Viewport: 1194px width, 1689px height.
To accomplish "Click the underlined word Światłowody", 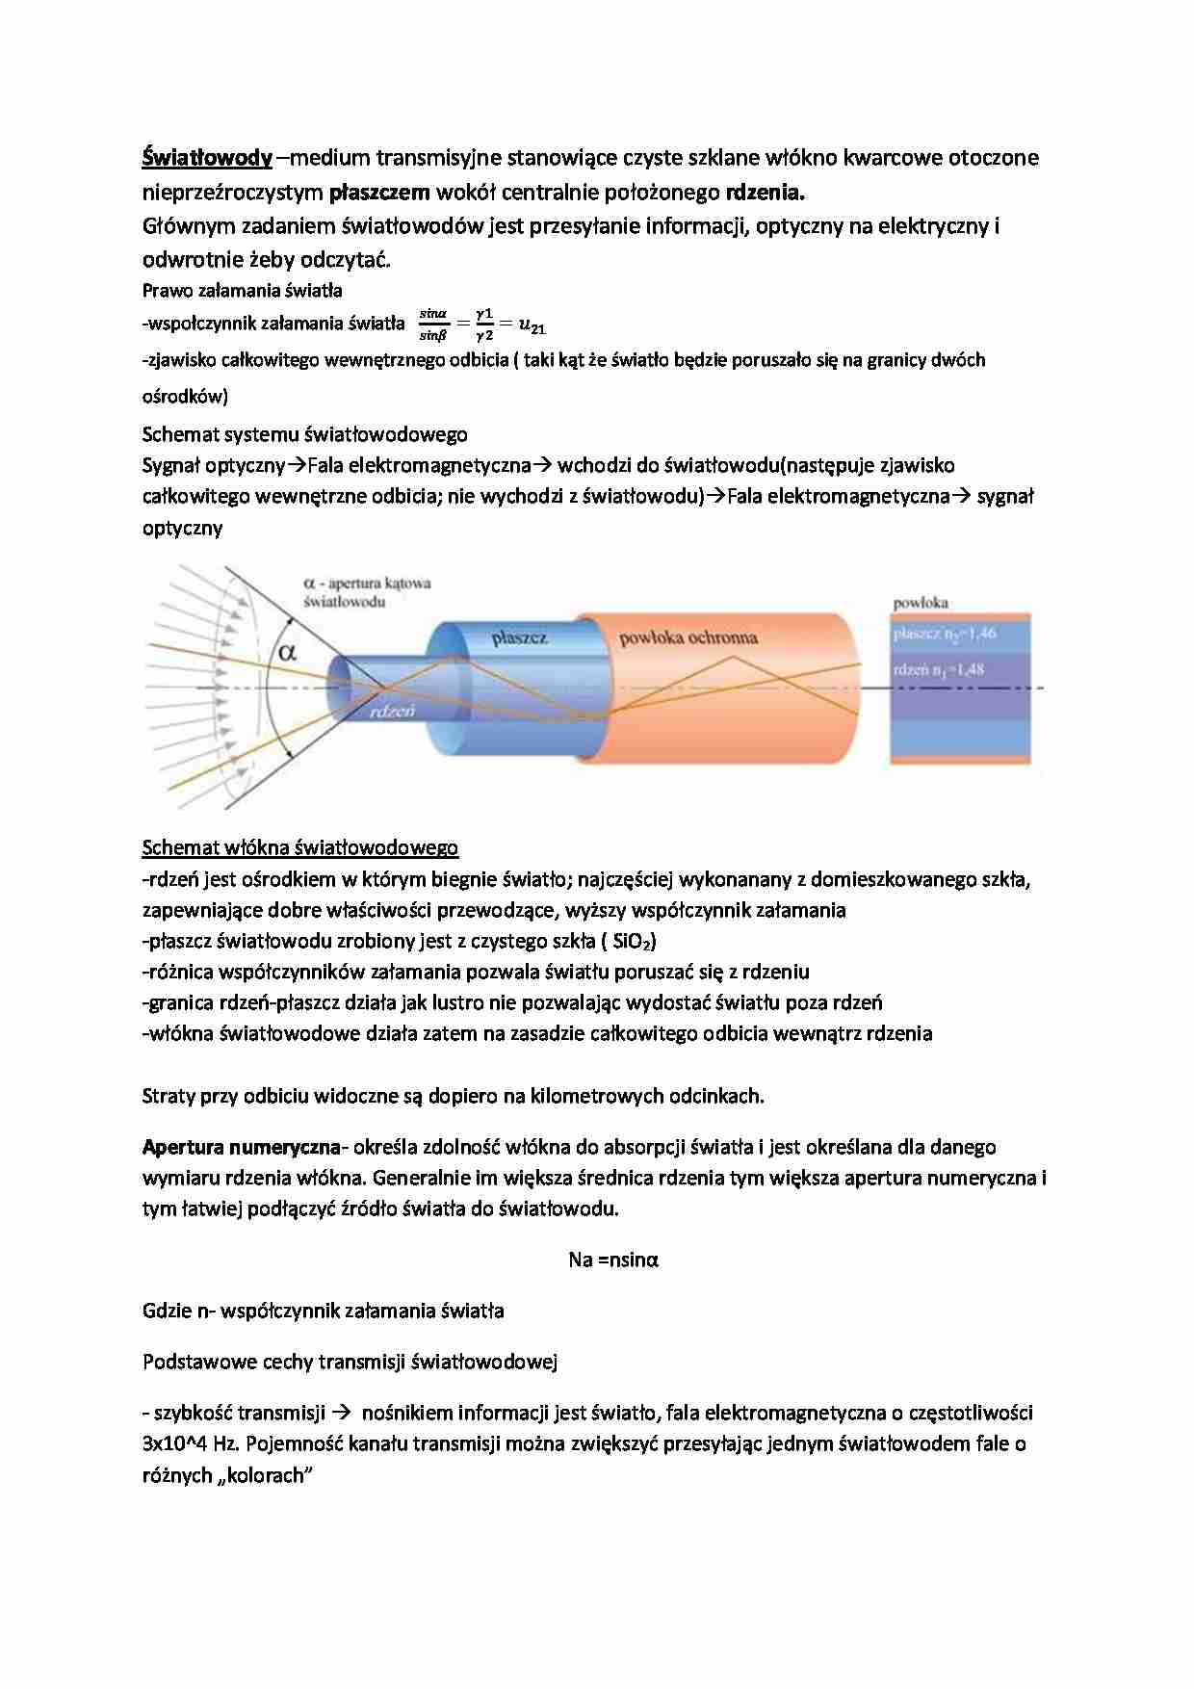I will coord(207,157).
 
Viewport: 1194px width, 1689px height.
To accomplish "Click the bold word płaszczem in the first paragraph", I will coord(379,192).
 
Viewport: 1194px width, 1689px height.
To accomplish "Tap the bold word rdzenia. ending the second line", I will coord(764,192).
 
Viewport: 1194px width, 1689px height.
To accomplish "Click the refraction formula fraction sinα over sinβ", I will coord(433,325).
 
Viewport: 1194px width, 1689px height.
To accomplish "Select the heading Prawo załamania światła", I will coord(242,290).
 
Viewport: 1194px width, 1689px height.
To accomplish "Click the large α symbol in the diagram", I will coord(287,652).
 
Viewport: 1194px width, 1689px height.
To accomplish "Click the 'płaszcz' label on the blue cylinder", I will coord(519,637).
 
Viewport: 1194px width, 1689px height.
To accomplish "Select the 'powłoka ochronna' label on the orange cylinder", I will coord(688,637).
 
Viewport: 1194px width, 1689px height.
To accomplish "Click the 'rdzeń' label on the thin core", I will coord(392,711).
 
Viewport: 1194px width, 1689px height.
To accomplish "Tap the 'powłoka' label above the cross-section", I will coord(921,603).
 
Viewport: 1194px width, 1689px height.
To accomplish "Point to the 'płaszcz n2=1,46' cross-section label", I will coord(944,634).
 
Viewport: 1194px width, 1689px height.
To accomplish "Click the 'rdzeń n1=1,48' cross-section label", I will coord(938,669).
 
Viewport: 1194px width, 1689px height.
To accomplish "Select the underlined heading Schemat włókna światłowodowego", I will coord(299,847).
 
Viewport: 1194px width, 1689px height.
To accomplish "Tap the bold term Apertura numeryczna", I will coord(241,1147).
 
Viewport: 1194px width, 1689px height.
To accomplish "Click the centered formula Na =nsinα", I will coord(613,1260).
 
